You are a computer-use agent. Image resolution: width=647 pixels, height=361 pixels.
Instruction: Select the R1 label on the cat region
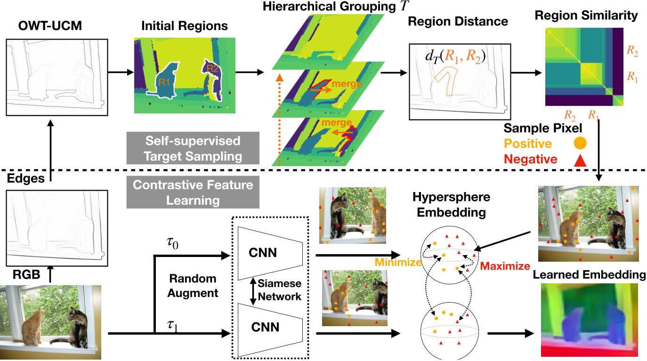pyautogui.click(x=164, y=81)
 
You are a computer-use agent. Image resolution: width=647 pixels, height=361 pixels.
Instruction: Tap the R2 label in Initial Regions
pyautogui.click(x=212, y=69)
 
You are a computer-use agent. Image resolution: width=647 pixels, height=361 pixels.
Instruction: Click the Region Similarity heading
pyautogui.click(x=586, y=16)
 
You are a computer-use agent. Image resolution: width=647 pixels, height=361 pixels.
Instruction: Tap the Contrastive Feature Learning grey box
pyautogui.click(x=193, y=193)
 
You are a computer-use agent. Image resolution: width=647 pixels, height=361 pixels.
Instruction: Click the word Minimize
pyautogui.click(x=398, y=262)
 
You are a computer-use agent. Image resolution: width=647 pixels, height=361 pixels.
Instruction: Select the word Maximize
pyautogui.click(x=505, y=266)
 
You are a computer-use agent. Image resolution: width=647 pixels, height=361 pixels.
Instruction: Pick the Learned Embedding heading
pyautogui.click(x=589, y=274)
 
